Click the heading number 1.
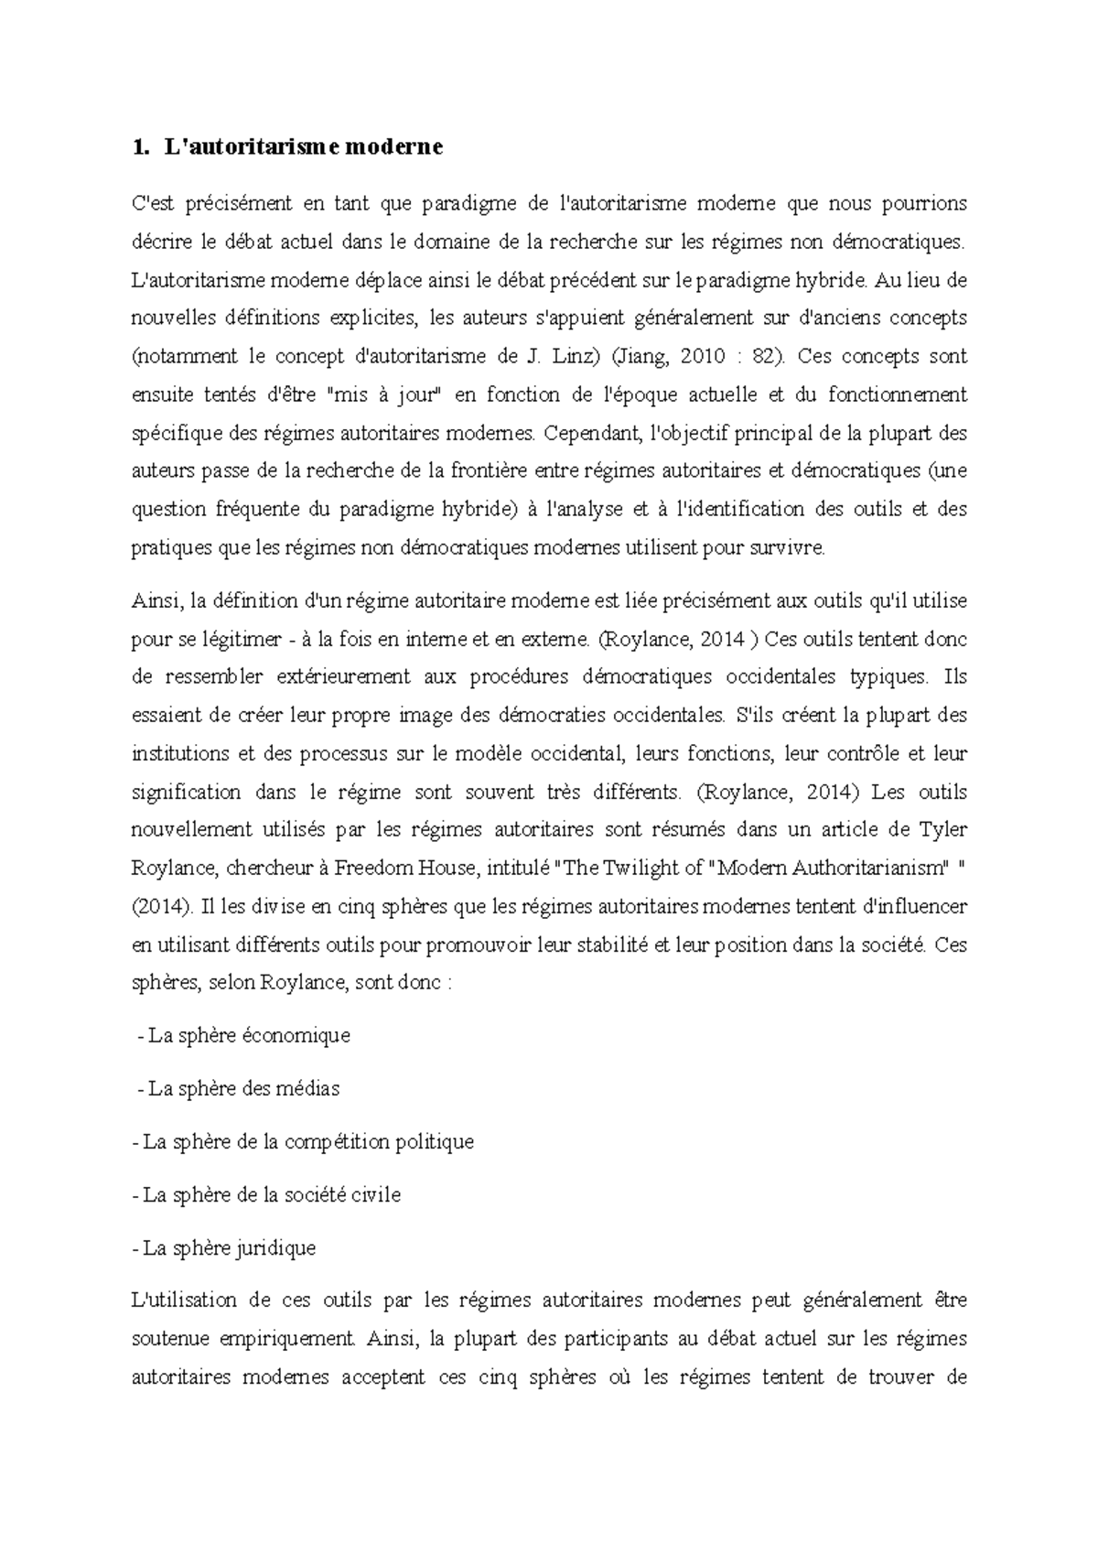pos(138,146)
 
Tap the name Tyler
pos(942,830)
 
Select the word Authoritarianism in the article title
pos(869,869)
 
